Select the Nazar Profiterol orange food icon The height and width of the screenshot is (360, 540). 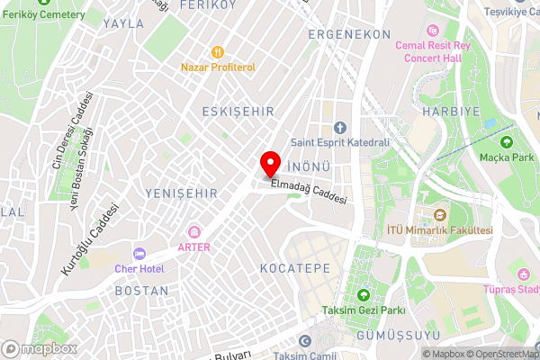point(216,52)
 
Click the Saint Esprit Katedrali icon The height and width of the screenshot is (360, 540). point(340,128)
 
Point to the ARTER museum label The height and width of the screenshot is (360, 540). point(194,246)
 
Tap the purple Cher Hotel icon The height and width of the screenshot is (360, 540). point(138,254)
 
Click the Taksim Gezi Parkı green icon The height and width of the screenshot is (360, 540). point(364,295)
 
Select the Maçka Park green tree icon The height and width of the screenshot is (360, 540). point(505,142)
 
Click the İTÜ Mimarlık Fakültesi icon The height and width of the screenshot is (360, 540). point(440,215)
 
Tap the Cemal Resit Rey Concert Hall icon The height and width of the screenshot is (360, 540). point(432,31)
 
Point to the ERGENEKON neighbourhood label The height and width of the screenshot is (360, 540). point(349,34)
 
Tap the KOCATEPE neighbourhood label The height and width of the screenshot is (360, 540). point(294,269)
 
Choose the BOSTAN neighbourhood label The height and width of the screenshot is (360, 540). point(142,291)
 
